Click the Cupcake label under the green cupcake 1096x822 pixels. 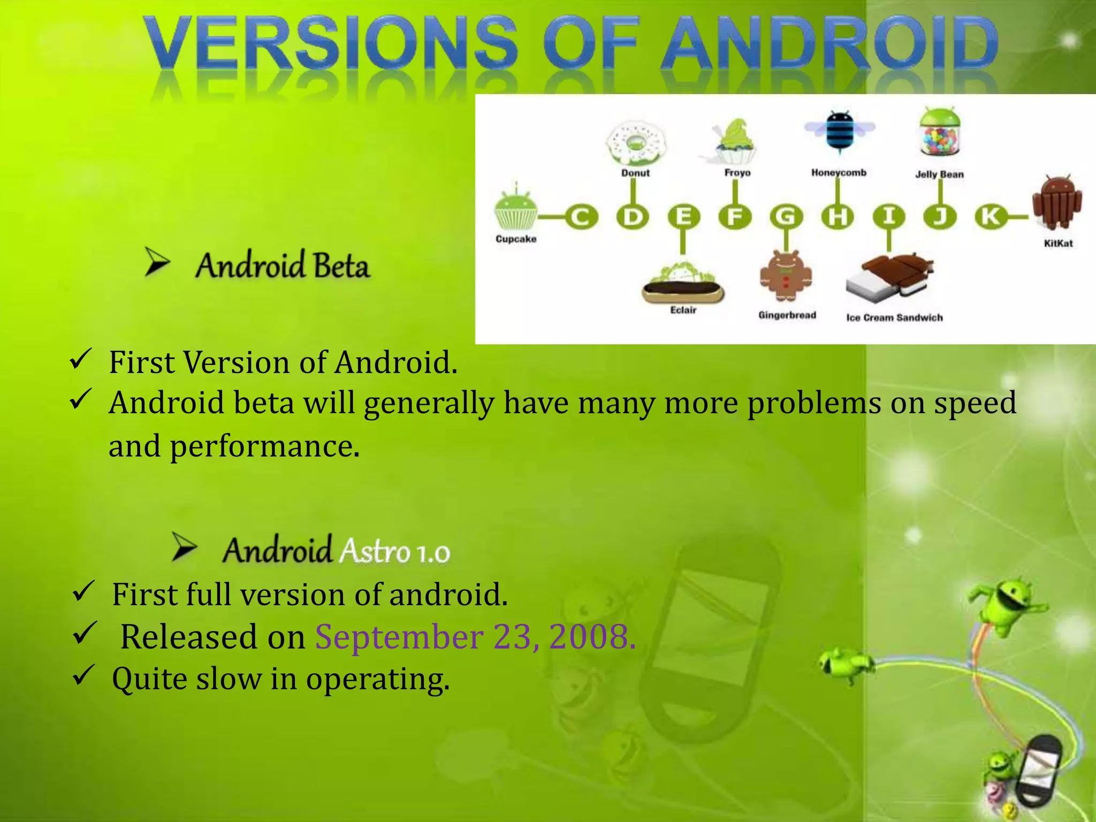click(516, 239)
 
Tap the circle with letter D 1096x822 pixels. click(633, 217)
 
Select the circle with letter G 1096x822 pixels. click(786, 217)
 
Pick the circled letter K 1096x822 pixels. click(990, 217)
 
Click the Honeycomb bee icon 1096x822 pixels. click(839, 131)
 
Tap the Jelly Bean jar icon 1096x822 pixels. click(940, 134)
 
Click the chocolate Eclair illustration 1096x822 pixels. click(683, 286)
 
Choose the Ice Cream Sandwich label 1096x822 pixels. click(894, 318)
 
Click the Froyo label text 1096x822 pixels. click(737, 173)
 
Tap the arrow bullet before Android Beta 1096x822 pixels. click(157, 263)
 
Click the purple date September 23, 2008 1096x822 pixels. click(475, 637)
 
